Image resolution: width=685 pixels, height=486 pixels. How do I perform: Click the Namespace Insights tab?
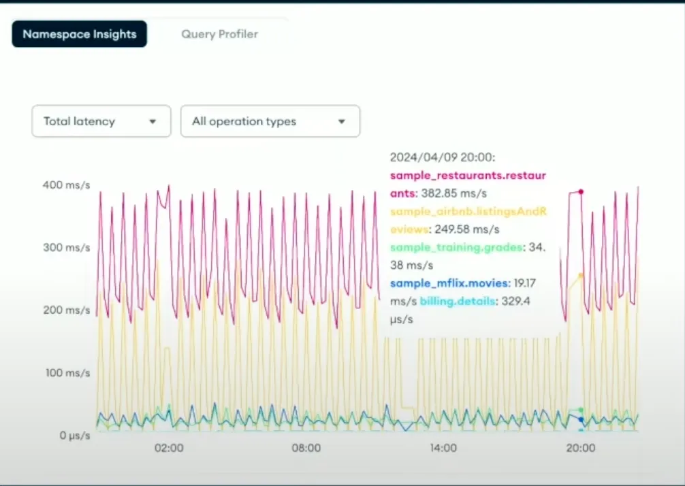(79, 34)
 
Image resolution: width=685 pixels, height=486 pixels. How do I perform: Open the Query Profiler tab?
(219, 34)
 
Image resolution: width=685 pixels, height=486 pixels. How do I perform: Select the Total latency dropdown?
(101, 121)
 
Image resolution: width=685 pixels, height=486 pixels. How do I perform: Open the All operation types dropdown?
(270, 121)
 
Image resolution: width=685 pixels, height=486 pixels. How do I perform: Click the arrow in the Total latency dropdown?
(153, 122)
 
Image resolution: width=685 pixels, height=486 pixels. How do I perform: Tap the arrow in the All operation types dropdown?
(342, 122)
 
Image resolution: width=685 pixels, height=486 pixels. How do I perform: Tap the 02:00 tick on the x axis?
(169, 448)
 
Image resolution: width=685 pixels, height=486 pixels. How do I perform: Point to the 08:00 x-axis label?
(306, 448)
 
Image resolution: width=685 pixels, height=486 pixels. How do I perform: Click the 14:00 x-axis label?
(443, 448)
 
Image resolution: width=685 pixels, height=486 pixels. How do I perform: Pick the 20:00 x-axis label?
(580, 448)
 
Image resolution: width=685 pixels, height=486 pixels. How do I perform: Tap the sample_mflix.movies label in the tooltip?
(449, 283)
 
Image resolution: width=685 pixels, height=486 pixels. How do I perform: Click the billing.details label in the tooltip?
(457, 301)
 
